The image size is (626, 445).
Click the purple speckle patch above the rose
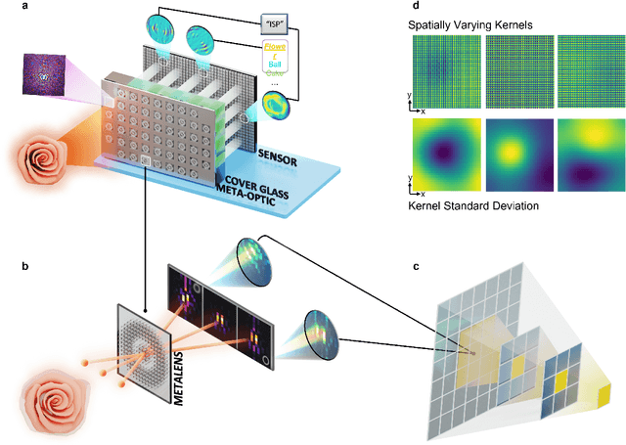click(47, 74)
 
